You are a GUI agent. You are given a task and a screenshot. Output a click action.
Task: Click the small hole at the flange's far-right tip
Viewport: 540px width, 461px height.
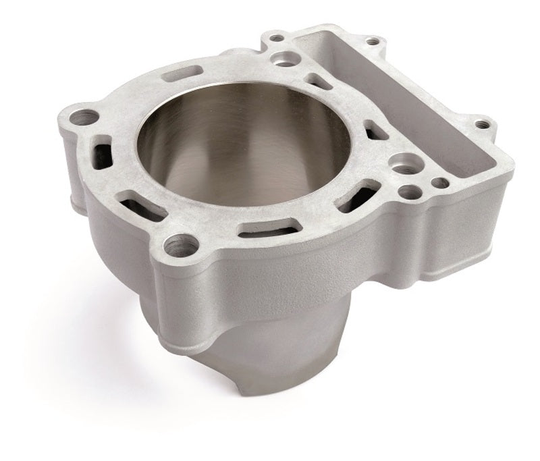[x=481, y=124]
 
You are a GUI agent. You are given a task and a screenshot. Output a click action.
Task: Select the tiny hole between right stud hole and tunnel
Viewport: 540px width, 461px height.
[x=439, y=182]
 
